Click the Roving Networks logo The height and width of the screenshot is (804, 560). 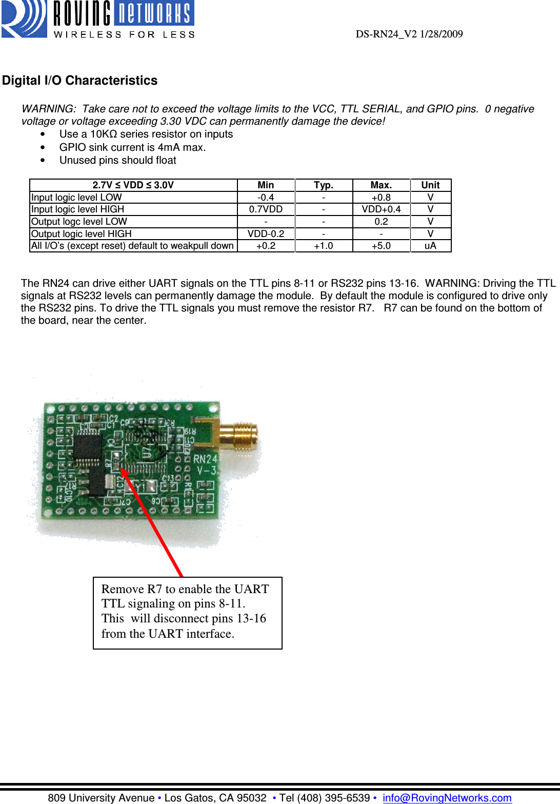[97, 19]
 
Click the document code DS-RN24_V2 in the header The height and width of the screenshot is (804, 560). [386, 34]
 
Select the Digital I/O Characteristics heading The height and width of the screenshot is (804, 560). [79, 81]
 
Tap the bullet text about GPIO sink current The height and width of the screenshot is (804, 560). [132, 147]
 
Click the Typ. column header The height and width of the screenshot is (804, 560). [323, 185]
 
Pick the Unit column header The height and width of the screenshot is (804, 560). [430, 185]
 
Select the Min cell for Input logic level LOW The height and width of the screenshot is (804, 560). [266, 198]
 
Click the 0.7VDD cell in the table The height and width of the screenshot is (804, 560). [266, 209]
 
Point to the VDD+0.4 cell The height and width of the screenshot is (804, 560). [381, 209]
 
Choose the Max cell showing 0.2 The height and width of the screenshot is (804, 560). [381, 222]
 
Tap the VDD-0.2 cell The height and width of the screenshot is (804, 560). [266, 234]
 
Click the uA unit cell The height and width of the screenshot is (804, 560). [430, 246]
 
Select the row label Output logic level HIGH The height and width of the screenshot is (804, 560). [82, 234]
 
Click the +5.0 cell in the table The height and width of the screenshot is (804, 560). [381, 246]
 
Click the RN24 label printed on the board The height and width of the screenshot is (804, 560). [205, 459]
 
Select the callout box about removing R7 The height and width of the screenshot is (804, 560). [187, 613]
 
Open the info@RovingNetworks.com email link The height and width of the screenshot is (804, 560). [447, 798]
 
